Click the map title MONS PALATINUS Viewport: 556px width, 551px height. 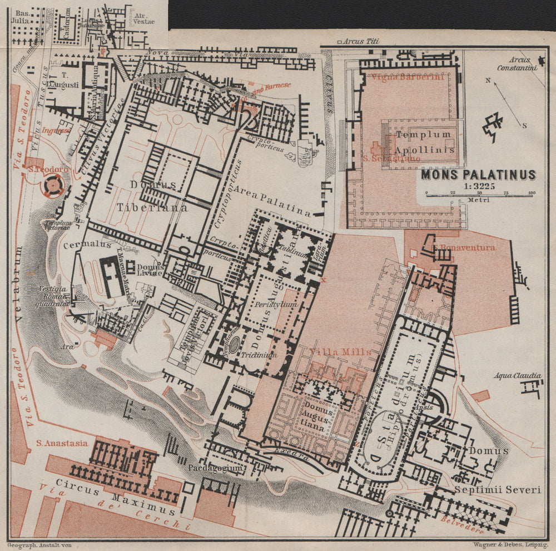tap(478, 175)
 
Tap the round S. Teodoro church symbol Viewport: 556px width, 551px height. tap(52, 186)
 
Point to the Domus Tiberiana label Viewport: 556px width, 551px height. tap(152, 195)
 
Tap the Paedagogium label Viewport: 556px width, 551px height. tap(215, 468)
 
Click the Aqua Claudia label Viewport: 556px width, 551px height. tap(518, 376)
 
